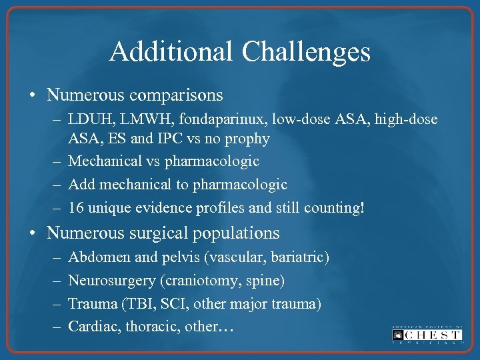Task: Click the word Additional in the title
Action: tap(171, 51)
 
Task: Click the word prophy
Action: tap(247, 139)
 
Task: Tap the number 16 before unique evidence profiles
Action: tap(75, 207)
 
